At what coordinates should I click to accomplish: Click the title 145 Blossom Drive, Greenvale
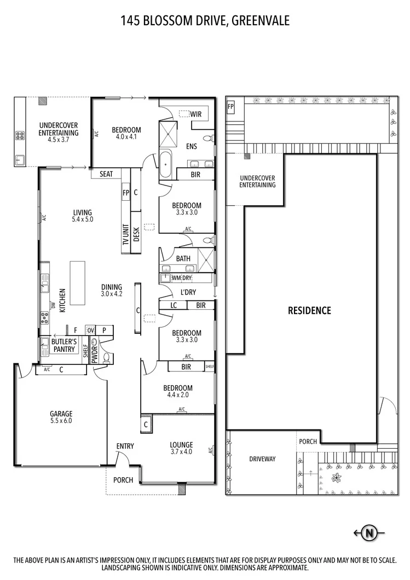[x=205, y=21]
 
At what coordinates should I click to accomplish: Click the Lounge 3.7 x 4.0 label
[x=181, y=448]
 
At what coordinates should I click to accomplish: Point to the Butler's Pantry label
[x=63, y=346]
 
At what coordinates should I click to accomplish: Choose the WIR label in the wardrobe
[x=196, y=114]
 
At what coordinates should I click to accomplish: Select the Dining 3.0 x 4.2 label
[x=111, y=290]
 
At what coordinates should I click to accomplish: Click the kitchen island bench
[x=77, y=283]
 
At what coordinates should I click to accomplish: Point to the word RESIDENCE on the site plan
[x=309, y=310]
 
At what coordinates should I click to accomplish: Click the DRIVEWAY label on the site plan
[x=262, y=459]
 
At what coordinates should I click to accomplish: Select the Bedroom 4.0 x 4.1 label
[x=126, y=134]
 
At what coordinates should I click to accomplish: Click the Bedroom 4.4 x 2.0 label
[x=178, y=392]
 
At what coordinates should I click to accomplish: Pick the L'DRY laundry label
[x=187, y=292]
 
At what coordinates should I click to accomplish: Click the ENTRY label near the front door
[x=125, y=446]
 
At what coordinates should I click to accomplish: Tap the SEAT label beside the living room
[x=106, y=174]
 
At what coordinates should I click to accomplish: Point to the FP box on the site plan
[x=230, y=106]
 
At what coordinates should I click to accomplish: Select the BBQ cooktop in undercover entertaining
[x=20, y=135]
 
